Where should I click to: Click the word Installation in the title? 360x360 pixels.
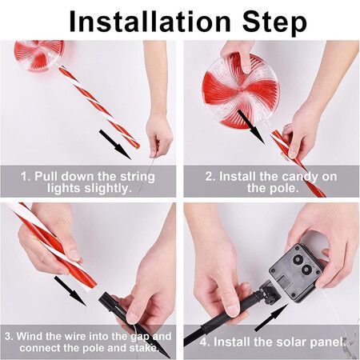pyautogui.click(x=150, y=22)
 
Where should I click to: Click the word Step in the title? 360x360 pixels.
pyautogui.click(x=274, y=23)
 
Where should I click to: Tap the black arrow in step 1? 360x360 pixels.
pyautogui.click(x=115, y=144)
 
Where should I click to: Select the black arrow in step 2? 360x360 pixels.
pyautogui.click(x=250, y=126)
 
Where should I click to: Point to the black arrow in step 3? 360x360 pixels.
pyautogui.click(x=70, y=291)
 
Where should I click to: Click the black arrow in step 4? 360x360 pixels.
pyautogui.click(x=271, y=318)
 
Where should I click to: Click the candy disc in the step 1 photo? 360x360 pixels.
pyautogui.click(x=39, y=55)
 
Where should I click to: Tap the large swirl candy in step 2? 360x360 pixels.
pyautogui.click(x=241, y=90)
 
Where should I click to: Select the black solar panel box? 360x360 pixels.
pyautogui.click(x=297, y=272)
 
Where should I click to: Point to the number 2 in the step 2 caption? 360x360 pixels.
pyautogui.click(x=209, y=177)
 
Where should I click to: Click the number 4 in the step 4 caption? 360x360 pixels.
pyautogui.click(x=204, y=342)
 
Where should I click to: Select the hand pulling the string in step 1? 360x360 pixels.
pyautogui.click(x=159, y=136)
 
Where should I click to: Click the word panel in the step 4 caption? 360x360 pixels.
pyautogui.click(x=327, y=342)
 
